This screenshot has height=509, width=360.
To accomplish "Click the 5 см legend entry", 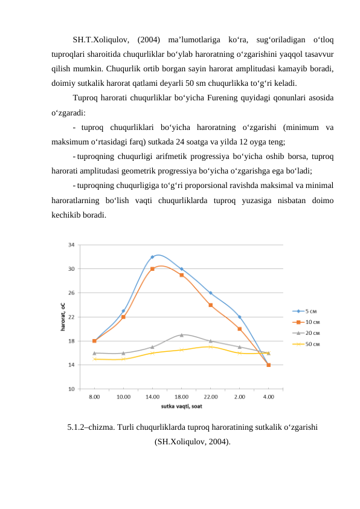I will pyautogui.click(x=309, y=312).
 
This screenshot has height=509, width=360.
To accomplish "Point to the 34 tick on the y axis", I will pyautogui.click(x=71, y=245).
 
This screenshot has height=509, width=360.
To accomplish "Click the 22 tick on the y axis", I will pyautogui.click(x=71, y=317).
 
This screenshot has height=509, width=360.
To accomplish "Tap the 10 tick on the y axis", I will pyautogui.click(x=71, y=389).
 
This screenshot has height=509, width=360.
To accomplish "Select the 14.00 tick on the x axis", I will pyautogui.click(x=152, y=397).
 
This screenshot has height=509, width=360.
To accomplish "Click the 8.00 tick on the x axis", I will pyautogui.click(x=94, y=397).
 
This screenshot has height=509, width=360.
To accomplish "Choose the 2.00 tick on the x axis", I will pyautogui.click(x=239, y=397).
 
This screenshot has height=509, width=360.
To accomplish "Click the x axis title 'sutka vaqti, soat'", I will pyautogui.click(x=181, y=406).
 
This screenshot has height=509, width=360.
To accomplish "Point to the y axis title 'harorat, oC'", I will pyautogui.click(x=62, y=317).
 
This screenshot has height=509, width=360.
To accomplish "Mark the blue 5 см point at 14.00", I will pyautogui.click(x=152, y=257).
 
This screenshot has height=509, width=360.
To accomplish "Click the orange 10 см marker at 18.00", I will pyautogui.click(x=181, y=275).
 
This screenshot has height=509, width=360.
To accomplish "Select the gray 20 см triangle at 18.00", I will pyautogui.click(x=181, y=335).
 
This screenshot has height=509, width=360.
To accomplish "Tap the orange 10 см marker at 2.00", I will pyautogui.click(x=239, y=329).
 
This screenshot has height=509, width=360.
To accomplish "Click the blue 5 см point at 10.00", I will pyautogui.click(x=123, y=311).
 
